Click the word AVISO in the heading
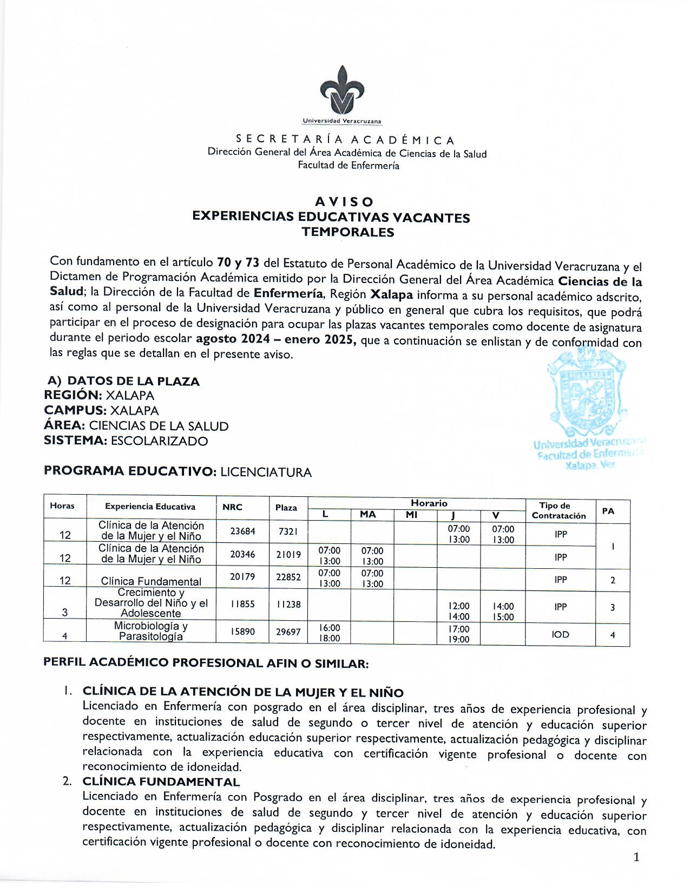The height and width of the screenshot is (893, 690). (344, 202)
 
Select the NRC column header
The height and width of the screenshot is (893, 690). (233, 508)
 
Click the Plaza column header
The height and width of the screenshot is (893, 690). (286, 508)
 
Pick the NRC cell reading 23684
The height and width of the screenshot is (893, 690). (242, 531)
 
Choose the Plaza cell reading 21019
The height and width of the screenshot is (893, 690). (288, 555)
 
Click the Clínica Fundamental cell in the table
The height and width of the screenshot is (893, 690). (151, 581)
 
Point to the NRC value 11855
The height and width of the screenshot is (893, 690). (242, 605)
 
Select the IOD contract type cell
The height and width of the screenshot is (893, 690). (560, 634)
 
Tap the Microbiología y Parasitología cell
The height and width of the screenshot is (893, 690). (151, 631)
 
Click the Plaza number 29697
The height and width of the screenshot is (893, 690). (288, 632)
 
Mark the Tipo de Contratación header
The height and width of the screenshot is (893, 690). (558, 510)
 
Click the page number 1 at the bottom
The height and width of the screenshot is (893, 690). (636, 857)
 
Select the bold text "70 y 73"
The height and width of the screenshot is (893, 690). (238, 263)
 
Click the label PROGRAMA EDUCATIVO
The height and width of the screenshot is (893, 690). (130, 471)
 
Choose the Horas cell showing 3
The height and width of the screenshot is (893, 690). (65, 613)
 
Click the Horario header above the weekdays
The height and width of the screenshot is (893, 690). (429, 503)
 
